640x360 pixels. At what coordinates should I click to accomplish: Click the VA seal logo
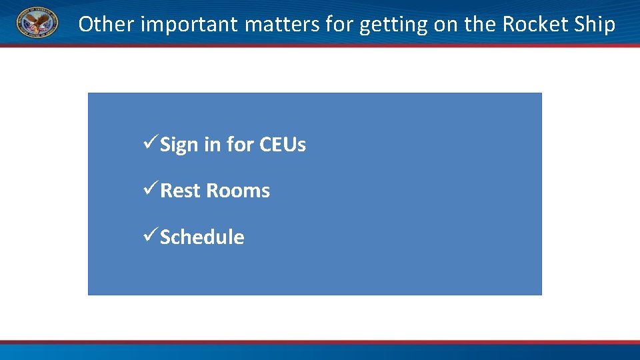[37, 24]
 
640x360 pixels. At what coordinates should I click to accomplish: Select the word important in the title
[189, 25]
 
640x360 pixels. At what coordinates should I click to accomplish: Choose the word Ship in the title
[595, 25]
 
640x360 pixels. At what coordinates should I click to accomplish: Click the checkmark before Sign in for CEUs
[151, 144]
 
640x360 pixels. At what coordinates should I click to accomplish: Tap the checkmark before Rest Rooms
[151, 190]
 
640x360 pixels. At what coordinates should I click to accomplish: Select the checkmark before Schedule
[151, 237]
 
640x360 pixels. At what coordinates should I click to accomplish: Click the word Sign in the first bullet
[179, 145]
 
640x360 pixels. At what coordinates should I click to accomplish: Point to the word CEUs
[283, 145]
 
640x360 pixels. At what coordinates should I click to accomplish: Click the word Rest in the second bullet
[181, 191]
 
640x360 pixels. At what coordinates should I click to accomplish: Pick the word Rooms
[238, 191]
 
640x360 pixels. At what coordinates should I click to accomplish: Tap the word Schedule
[202, 237]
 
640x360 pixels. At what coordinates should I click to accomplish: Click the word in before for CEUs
[213, 145]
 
